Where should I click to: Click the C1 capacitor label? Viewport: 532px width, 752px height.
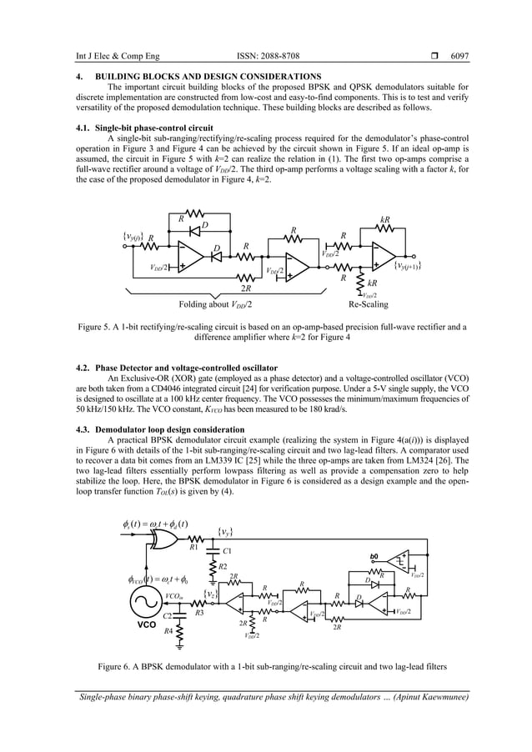(228, 552)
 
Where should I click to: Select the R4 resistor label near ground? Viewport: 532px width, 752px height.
(168, 632)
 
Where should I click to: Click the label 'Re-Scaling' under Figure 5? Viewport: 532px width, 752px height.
(368, 304)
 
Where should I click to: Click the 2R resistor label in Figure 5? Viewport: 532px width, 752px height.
(245, 288)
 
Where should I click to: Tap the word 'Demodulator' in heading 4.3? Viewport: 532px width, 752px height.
(120, 428)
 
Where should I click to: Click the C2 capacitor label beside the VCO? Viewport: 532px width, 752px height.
(168, 615)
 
